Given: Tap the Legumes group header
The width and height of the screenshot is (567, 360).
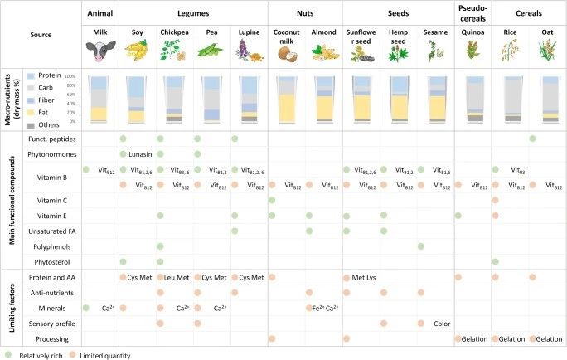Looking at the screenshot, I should (x=193, y=14).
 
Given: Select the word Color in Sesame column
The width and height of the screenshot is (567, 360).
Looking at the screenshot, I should (x=441, y=323).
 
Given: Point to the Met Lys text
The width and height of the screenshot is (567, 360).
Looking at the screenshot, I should (x=365, y=276).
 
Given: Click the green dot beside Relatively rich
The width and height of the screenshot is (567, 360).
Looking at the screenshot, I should (x=7, y=353).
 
